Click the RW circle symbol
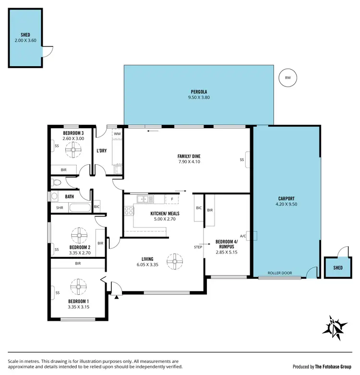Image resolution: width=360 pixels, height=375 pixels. point(288,77)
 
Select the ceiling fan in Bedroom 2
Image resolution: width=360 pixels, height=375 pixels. point(79,236)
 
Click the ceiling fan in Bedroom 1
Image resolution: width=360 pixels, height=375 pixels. point(77,287)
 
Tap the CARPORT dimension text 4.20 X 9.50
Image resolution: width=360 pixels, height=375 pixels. point(286,204)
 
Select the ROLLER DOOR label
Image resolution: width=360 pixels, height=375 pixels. point(280,273)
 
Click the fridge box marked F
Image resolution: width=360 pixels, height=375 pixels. point(171,198)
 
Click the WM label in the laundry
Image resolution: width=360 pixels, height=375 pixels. point(117,134)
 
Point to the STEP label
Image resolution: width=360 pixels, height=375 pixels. point(198,247)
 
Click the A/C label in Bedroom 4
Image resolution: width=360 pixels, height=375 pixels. point(243,236)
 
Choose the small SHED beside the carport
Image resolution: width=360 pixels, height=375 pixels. point(338,267)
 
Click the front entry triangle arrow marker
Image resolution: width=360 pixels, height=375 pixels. point(116,297)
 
